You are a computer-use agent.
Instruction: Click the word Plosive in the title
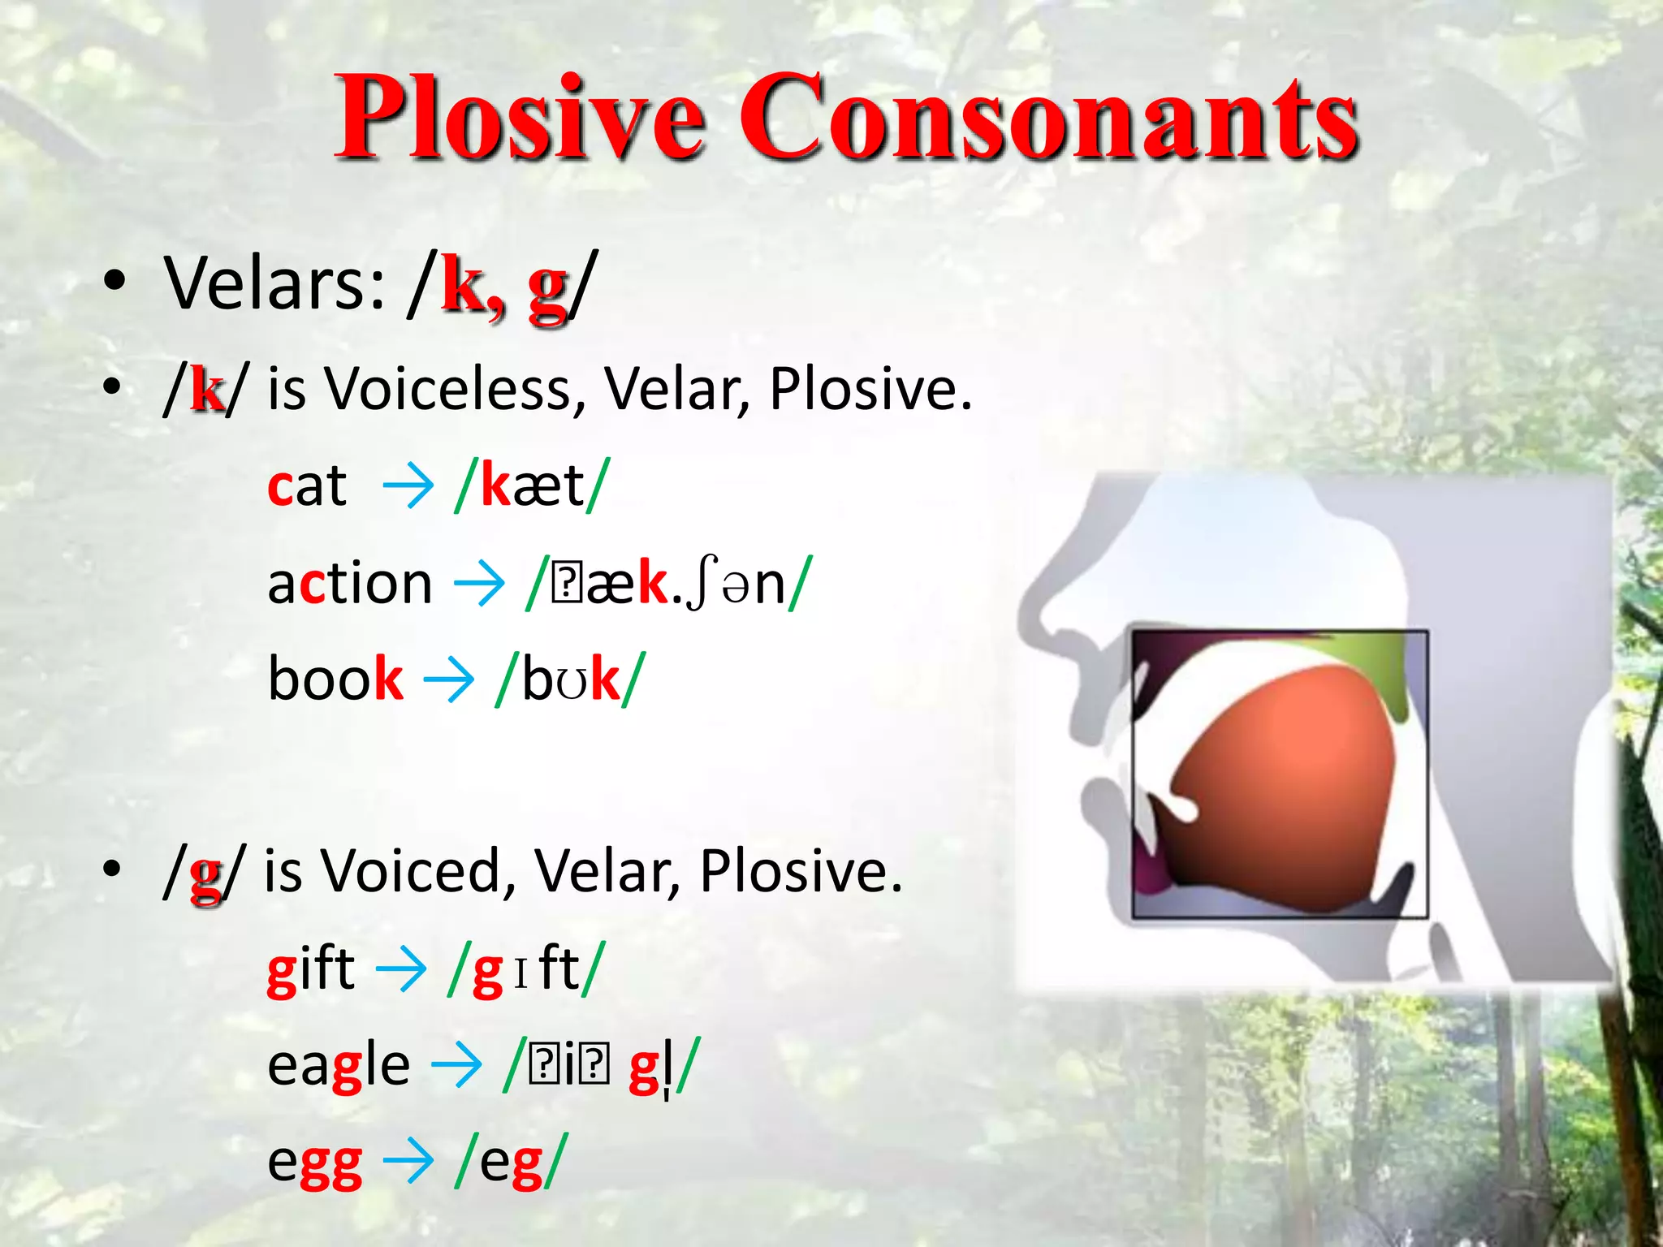click(x=520, y=118)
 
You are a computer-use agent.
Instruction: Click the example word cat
click(x=307, y=487)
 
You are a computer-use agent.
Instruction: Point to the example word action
click(x=349, y=585)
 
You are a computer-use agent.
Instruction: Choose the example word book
click(x=335, y=680)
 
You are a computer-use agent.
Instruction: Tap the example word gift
click(x=311, y=970)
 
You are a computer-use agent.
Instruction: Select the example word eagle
click(x=339, y=1066)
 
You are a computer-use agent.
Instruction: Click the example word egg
click(x=314, y=1163)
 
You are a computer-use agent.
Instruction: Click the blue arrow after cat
click(x=408, y=487)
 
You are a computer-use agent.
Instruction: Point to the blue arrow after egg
click(x=408, y=1163)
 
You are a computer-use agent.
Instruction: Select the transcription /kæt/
click(x=532, y=487)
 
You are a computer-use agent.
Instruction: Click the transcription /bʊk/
click(x=571, y=680)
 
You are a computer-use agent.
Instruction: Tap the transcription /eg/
click(x=510, y=1163)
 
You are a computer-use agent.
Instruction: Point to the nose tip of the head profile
click(x=1031, y=617)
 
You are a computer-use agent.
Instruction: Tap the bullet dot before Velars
click(x=114, y=282)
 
